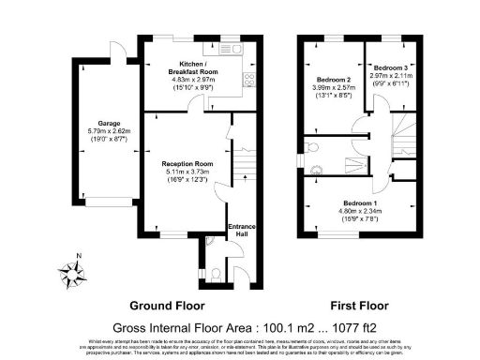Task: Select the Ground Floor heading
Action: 167,306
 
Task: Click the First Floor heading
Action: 360,306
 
